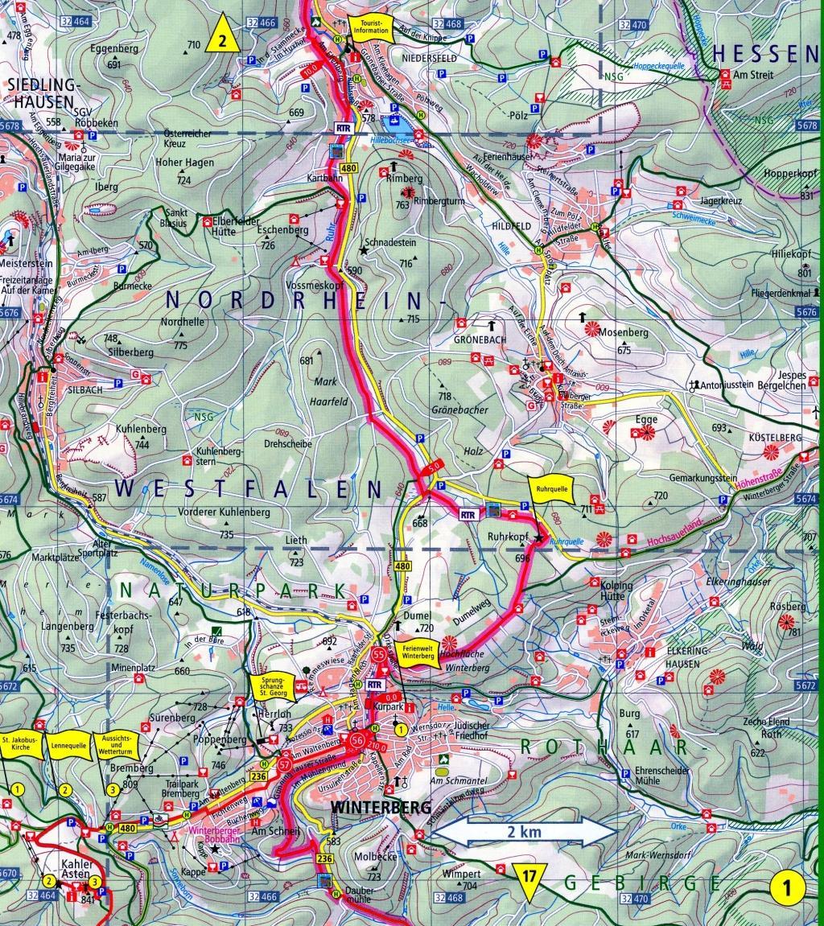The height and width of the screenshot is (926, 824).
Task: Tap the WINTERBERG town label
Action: point(374,805)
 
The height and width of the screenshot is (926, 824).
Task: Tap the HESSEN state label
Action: point(764,53)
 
